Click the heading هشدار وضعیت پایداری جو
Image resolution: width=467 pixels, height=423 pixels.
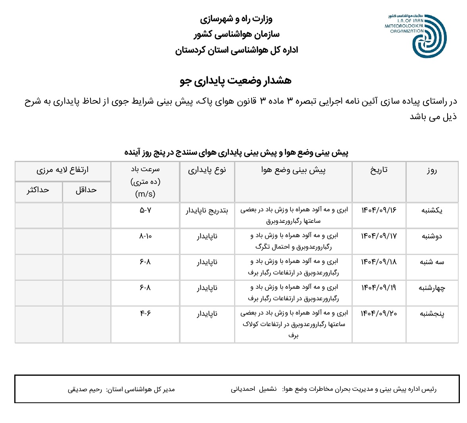point(236,81)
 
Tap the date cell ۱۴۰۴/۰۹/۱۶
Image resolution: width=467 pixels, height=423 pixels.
point(379,210)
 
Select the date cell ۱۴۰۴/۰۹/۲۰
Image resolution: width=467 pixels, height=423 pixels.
point(379,313)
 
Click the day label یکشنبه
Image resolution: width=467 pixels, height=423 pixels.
point(432,211)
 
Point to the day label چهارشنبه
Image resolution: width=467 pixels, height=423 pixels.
point(432,288)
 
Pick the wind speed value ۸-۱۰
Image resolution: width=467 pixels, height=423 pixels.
point(145,236)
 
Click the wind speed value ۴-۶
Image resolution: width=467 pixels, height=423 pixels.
point(145,313)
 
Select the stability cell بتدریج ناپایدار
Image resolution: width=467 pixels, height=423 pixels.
point(207,211)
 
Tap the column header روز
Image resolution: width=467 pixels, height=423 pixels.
point(432,171)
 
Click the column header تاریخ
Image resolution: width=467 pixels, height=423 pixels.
point(379,170)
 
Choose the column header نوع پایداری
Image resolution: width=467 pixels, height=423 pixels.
point(207,170)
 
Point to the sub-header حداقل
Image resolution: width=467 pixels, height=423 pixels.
point(86,190)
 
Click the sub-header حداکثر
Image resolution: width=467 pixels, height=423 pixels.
point(38,190)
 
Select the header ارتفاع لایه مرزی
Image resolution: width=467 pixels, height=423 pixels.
point(62,170)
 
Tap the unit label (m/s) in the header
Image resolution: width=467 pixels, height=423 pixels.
point(145,194)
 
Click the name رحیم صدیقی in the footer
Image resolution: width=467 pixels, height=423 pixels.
point(85,389)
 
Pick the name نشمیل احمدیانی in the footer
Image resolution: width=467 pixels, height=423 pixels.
point(254,389)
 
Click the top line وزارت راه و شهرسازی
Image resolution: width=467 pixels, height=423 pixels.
point(236,19)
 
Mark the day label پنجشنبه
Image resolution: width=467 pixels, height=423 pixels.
point(432,314)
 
